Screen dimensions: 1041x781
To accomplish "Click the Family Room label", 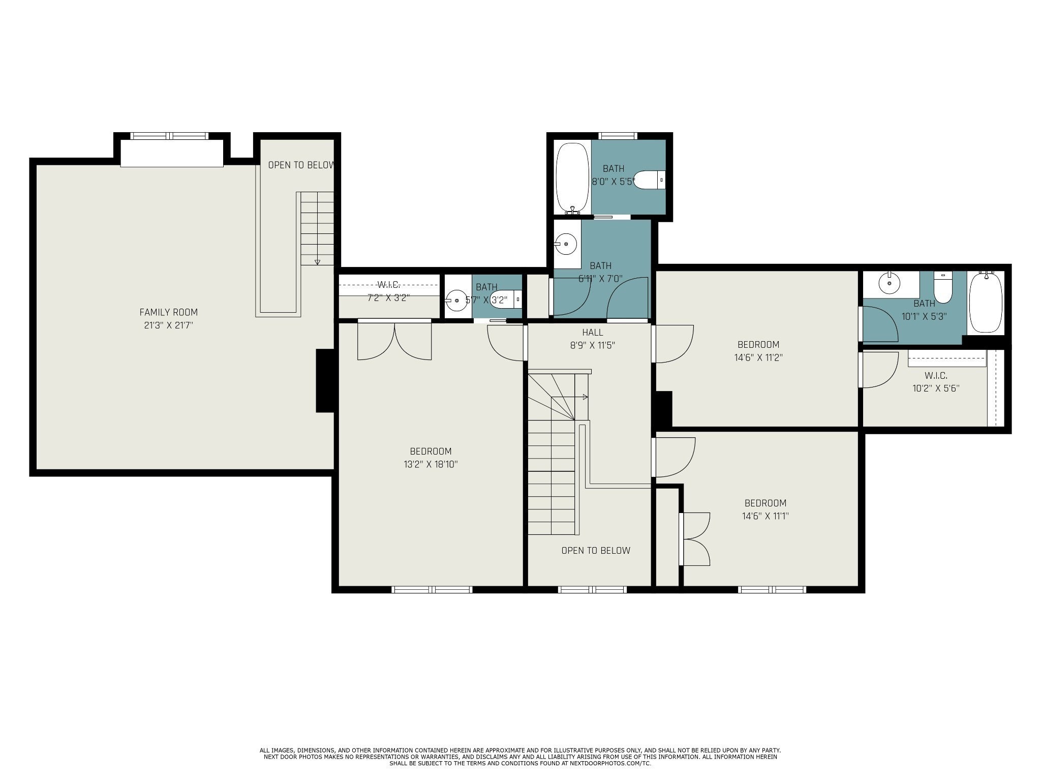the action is tap(169, 312).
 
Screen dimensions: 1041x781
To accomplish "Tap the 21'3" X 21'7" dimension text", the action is tap(169, 325).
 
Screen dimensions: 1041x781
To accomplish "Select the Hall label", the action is tap(593, 333).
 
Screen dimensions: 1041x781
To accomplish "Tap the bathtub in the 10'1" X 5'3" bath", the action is tap(985, 303).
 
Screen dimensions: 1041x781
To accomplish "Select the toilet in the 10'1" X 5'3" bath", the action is tap(943, 287).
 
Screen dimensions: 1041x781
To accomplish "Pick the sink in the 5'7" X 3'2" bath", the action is tap(456, 301).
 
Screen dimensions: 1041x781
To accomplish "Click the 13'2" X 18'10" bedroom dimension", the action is tap(431, 464).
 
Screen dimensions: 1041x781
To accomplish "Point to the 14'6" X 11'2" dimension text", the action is tap(758, 357).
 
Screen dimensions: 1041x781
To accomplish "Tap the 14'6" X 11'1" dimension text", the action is tap(766, 516).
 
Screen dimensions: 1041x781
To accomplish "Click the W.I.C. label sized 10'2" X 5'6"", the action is tap(936, 376).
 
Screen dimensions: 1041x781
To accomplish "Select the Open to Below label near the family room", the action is tap(301, 165).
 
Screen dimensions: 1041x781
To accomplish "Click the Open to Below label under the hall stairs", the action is tap(596, 550).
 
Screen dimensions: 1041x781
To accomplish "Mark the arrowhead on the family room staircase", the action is tap(318, 262).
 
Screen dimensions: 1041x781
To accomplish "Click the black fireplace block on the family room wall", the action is tap(325, 380).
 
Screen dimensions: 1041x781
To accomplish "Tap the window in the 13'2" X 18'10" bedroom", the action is tap(432, 589).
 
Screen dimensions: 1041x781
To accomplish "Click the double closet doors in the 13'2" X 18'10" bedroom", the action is tap(394, 341).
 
